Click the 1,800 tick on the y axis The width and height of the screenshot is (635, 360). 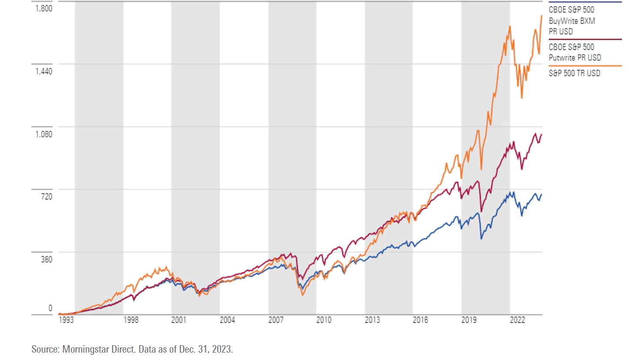click(44, 8)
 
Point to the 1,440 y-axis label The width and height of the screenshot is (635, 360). click(44, 71)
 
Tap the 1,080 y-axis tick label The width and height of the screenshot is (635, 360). click(44, 134)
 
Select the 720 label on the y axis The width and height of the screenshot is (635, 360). click(47, 197)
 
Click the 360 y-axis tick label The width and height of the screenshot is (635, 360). click(47, 259)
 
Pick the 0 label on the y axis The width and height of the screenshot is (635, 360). click(50, 308)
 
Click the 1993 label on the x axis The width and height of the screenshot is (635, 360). click(66, 320)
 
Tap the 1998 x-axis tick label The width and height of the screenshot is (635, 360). click(131, 320)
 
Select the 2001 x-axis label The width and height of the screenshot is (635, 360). click(179, 320)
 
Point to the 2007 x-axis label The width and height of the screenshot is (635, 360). click(276, 320)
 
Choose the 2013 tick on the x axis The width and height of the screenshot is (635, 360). click(372, 320)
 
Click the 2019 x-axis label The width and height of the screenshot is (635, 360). click(469, 320)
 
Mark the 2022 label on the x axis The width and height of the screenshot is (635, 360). click(517, 320)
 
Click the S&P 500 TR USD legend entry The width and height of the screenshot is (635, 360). click(574, 73)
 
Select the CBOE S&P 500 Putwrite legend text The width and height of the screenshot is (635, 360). click(575, 52)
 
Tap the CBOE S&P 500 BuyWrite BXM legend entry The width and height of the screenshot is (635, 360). click(571, 20)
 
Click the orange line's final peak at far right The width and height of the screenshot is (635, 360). click(541, 16)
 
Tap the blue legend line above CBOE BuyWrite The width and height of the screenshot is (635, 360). click(585, 2)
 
